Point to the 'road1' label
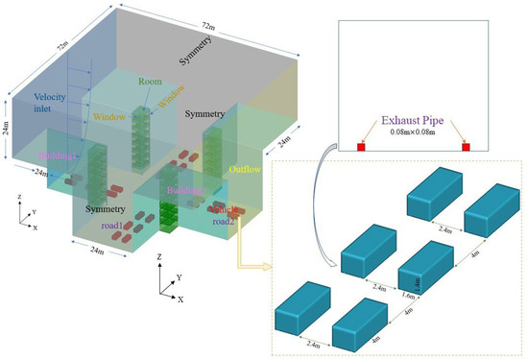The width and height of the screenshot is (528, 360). [113, 226]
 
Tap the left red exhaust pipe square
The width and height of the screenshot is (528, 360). [362, 147]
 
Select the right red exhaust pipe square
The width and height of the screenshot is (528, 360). [466, 147]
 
